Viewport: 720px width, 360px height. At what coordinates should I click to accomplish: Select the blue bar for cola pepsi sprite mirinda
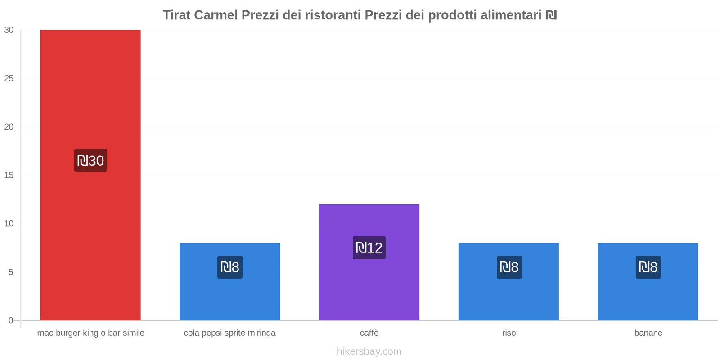click(229, 297)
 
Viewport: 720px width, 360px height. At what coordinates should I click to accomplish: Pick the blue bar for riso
click(508, 297)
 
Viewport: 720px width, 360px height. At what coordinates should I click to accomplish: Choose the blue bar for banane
click(648, 297)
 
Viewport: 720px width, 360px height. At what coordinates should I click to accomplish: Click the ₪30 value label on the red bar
click(90, 161)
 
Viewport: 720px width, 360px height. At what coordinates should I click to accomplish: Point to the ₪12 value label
click(369, 247)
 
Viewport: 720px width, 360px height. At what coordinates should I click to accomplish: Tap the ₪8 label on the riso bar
click(509, 267)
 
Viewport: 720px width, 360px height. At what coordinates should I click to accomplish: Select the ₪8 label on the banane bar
click(648, 267)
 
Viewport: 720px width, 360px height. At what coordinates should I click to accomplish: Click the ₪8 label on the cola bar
click(229, 267)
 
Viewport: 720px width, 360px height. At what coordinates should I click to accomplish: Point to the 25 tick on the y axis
click(9, 78)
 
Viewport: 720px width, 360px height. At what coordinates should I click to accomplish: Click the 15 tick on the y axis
click(9, 175)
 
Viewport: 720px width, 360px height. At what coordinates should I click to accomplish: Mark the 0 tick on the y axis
click(11, 320)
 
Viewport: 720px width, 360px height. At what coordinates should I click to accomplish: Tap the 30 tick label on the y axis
click(9, 30)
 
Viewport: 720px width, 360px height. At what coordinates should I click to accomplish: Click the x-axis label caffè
click(369, 333)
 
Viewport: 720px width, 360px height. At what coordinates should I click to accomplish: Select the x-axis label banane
click(648, 333)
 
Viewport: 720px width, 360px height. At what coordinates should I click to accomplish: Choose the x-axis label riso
click(509, 333)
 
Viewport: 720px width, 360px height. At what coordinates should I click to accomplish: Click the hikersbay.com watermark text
click(369, 351)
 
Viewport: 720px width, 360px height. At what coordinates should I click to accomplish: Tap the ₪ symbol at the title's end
click(551, 15)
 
